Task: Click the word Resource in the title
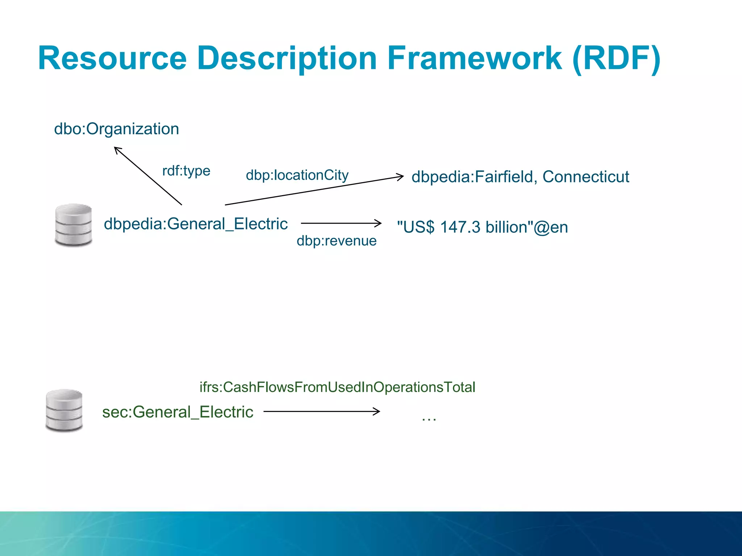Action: point(112,59)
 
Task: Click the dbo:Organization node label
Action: point(116,129)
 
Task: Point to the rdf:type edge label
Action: point(186,170)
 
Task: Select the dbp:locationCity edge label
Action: point(297,175)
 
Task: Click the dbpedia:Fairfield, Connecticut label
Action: point(520,177)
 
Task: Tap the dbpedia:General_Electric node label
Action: point(196,224)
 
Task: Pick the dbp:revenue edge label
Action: point(337,241)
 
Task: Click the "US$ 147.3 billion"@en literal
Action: point(482,227)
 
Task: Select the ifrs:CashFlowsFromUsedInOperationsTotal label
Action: point(337,387)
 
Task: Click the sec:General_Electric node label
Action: point(178,412)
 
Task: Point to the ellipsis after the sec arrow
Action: point(429,418)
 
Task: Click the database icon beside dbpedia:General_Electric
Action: point(74,225)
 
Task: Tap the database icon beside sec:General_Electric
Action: point(64,410)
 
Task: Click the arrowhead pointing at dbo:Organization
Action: point(117,149)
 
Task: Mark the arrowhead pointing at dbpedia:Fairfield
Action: point(400,177)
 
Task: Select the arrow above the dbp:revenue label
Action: point(341,223)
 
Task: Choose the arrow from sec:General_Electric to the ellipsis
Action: point(321,411)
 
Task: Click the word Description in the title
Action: point(287,59)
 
